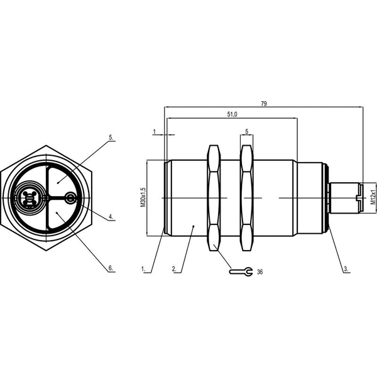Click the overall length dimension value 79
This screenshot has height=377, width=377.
point(264,104)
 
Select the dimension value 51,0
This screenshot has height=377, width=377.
point(232,114)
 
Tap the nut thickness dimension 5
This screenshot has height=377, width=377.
point(246,131)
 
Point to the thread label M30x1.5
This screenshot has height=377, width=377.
point(143,197)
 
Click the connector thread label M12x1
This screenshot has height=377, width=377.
point(373,197)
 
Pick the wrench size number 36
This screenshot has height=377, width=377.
point(260,272)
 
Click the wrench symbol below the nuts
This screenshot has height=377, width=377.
point(241,271)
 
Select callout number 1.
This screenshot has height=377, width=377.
point(143,269)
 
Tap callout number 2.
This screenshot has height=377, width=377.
point(174,269)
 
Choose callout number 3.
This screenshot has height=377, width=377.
point(346,269)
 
